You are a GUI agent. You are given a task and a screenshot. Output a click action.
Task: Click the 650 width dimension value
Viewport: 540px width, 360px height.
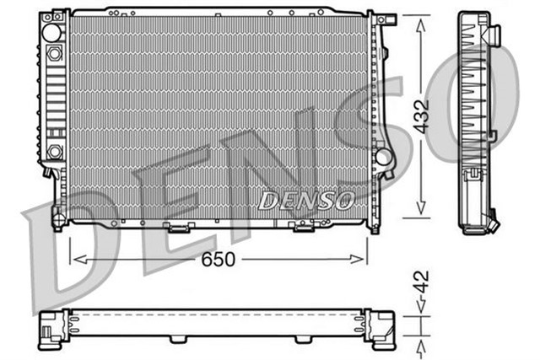(219, 260)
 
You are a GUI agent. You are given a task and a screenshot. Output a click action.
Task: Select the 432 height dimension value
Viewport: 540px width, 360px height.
(422, 115)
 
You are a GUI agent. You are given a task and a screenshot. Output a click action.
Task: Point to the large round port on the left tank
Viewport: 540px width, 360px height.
(51, 34)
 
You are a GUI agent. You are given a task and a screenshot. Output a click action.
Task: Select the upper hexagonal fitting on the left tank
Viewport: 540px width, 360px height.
(55, 52)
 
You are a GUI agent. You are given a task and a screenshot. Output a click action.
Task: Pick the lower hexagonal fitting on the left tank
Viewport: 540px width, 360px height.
(55, 152)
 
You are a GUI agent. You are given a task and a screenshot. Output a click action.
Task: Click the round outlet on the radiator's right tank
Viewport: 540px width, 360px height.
(386, 157)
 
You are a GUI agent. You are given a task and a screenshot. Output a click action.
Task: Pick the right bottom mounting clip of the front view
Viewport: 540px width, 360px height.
(301, 226)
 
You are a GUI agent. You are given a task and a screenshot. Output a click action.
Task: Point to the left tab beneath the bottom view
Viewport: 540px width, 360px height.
(175, 340)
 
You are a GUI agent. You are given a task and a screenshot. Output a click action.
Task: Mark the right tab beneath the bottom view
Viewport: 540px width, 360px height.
(301, 340)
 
